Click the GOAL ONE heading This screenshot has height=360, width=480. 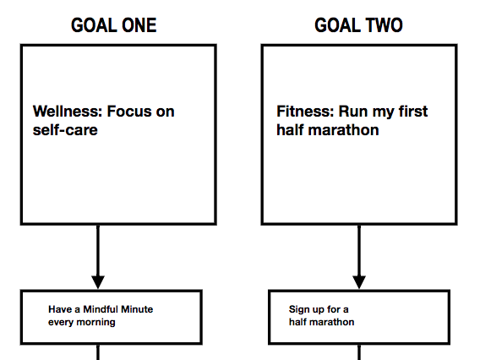click(114, 25)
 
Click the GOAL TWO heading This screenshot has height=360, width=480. click(358, 25)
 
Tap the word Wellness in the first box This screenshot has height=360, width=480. click(68, 111)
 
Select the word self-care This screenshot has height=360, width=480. click(65, 130)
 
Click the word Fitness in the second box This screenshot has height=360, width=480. click(305, 111)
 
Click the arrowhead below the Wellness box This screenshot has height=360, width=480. click(98, 282)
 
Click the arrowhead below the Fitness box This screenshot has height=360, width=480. click(359, 282)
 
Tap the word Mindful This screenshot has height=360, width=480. click(101, 309)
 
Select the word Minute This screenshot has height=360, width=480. click(137, 309)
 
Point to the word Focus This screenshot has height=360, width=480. click(130, 111)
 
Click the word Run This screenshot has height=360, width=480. click(353, 111)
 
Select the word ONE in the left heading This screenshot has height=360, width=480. click(139, 25)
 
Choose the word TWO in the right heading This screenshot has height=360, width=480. click(384, 25)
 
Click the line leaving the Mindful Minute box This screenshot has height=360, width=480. click(98, 352)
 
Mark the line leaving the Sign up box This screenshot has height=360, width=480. click(359, 352)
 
